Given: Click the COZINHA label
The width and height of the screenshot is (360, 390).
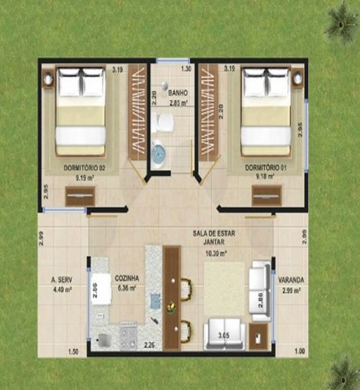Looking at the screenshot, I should [127, 279].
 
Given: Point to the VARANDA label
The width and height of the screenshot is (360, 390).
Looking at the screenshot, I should [291, 279].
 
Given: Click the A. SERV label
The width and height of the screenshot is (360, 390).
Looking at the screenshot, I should [62, 279].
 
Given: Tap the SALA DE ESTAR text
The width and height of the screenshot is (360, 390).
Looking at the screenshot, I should [215, 232].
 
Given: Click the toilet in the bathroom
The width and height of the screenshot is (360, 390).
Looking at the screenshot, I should [163, 122].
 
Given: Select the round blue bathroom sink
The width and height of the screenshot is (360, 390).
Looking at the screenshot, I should [158, 153].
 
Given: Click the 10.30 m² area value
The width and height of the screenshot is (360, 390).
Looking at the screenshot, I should [215, 253].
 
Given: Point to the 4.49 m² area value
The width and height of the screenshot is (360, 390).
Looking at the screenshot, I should [62, 288].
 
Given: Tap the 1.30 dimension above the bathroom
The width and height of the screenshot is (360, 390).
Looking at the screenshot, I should [185, 69].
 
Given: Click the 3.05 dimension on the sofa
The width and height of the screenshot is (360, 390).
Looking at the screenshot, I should [223, 336].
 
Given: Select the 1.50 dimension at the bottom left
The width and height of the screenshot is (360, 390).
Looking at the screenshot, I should [73, 351].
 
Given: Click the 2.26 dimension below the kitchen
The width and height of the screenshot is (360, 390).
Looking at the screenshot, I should [149, 345].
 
